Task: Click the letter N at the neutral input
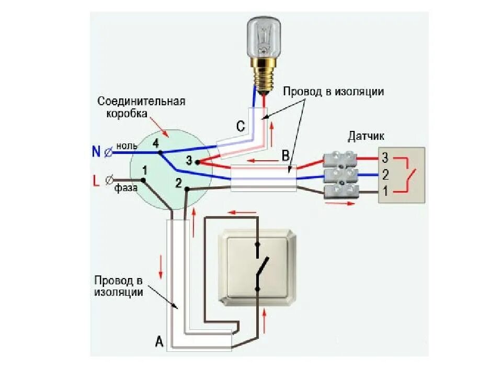(x=96, y=151)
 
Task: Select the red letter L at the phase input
(x=96, y=182)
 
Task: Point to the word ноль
(x=127, y=145)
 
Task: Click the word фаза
(x=127, y=187)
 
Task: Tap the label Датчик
(x=366, y=136)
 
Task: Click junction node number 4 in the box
(x=159, y=152)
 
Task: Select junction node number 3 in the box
(x=197, y=162)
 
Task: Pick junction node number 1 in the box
(x=142, y=179)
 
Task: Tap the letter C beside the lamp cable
(x=240, y=126)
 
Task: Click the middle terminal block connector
(x=340, y=174)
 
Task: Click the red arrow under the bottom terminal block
(x=336, y=203)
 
